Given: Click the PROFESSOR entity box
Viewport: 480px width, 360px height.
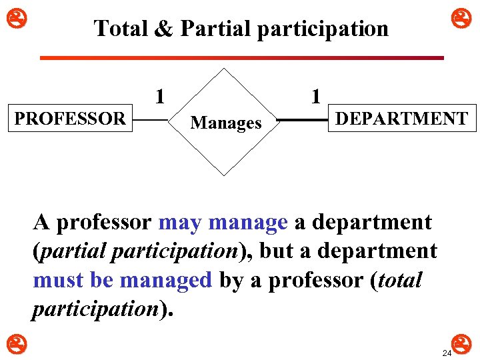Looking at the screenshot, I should click(x=70, y=119).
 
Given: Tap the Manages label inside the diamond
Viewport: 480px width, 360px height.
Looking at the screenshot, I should click(x=225, y=123).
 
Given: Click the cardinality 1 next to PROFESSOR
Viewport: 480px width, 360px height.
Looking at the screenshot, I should click(x=159, y=96).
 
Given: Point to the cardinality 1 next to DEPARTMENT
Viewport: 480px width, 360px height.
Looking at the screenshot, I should click(x=316, y=96).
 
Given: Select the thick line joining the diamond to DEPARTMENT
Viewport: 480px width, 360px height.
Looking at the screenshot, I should click(x=302, y=121).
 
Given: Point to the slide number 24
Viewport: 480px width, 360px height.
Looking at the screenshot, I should click(x=447, y=352).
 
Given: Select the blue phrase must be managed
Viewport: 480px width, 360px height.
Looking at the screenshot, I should click(x=122, y=280).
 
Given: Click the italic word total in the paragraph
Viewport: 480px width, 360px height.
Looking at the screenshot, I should click(x=399, y=280).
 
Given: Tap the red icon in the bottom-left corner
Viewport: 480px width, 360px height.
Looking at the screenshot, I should click(x=11, y=344).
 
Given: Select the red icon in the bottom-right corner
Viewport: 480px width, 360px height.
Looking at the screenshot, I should click(x=464, y=344).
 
